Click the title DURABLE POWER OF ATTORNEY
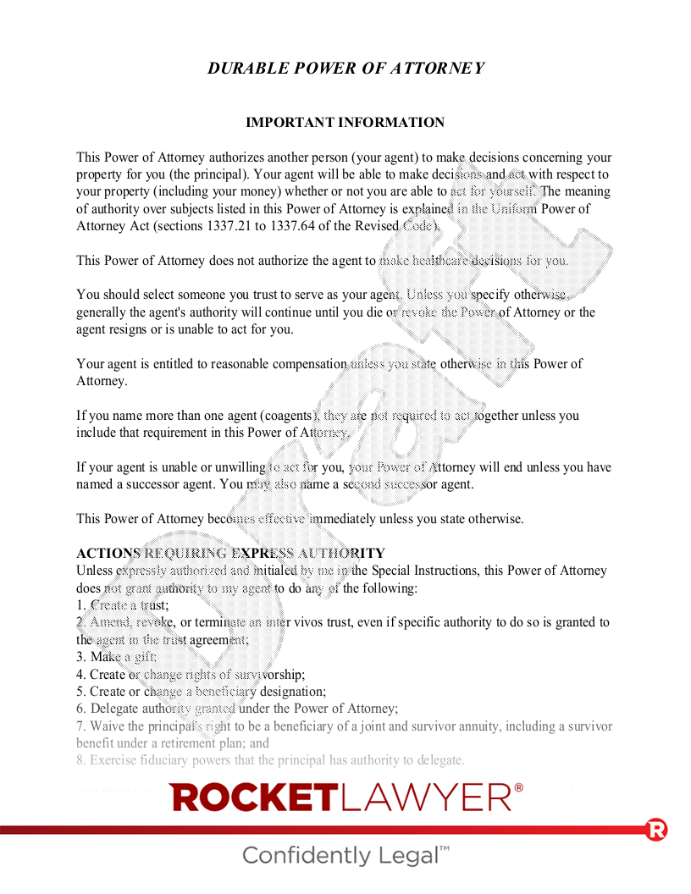[x=345, y=69]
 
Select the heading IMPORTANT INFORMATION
[x=345, y=123]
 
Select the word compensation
[x=306, y=364]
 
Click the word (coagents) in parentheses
[x=289, y=416]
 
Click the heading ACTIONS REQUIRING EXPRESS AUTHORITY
[x=230, y=554]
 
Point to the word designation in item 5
[x=293, y=692]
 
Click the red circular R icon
[x=655, y=830]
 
